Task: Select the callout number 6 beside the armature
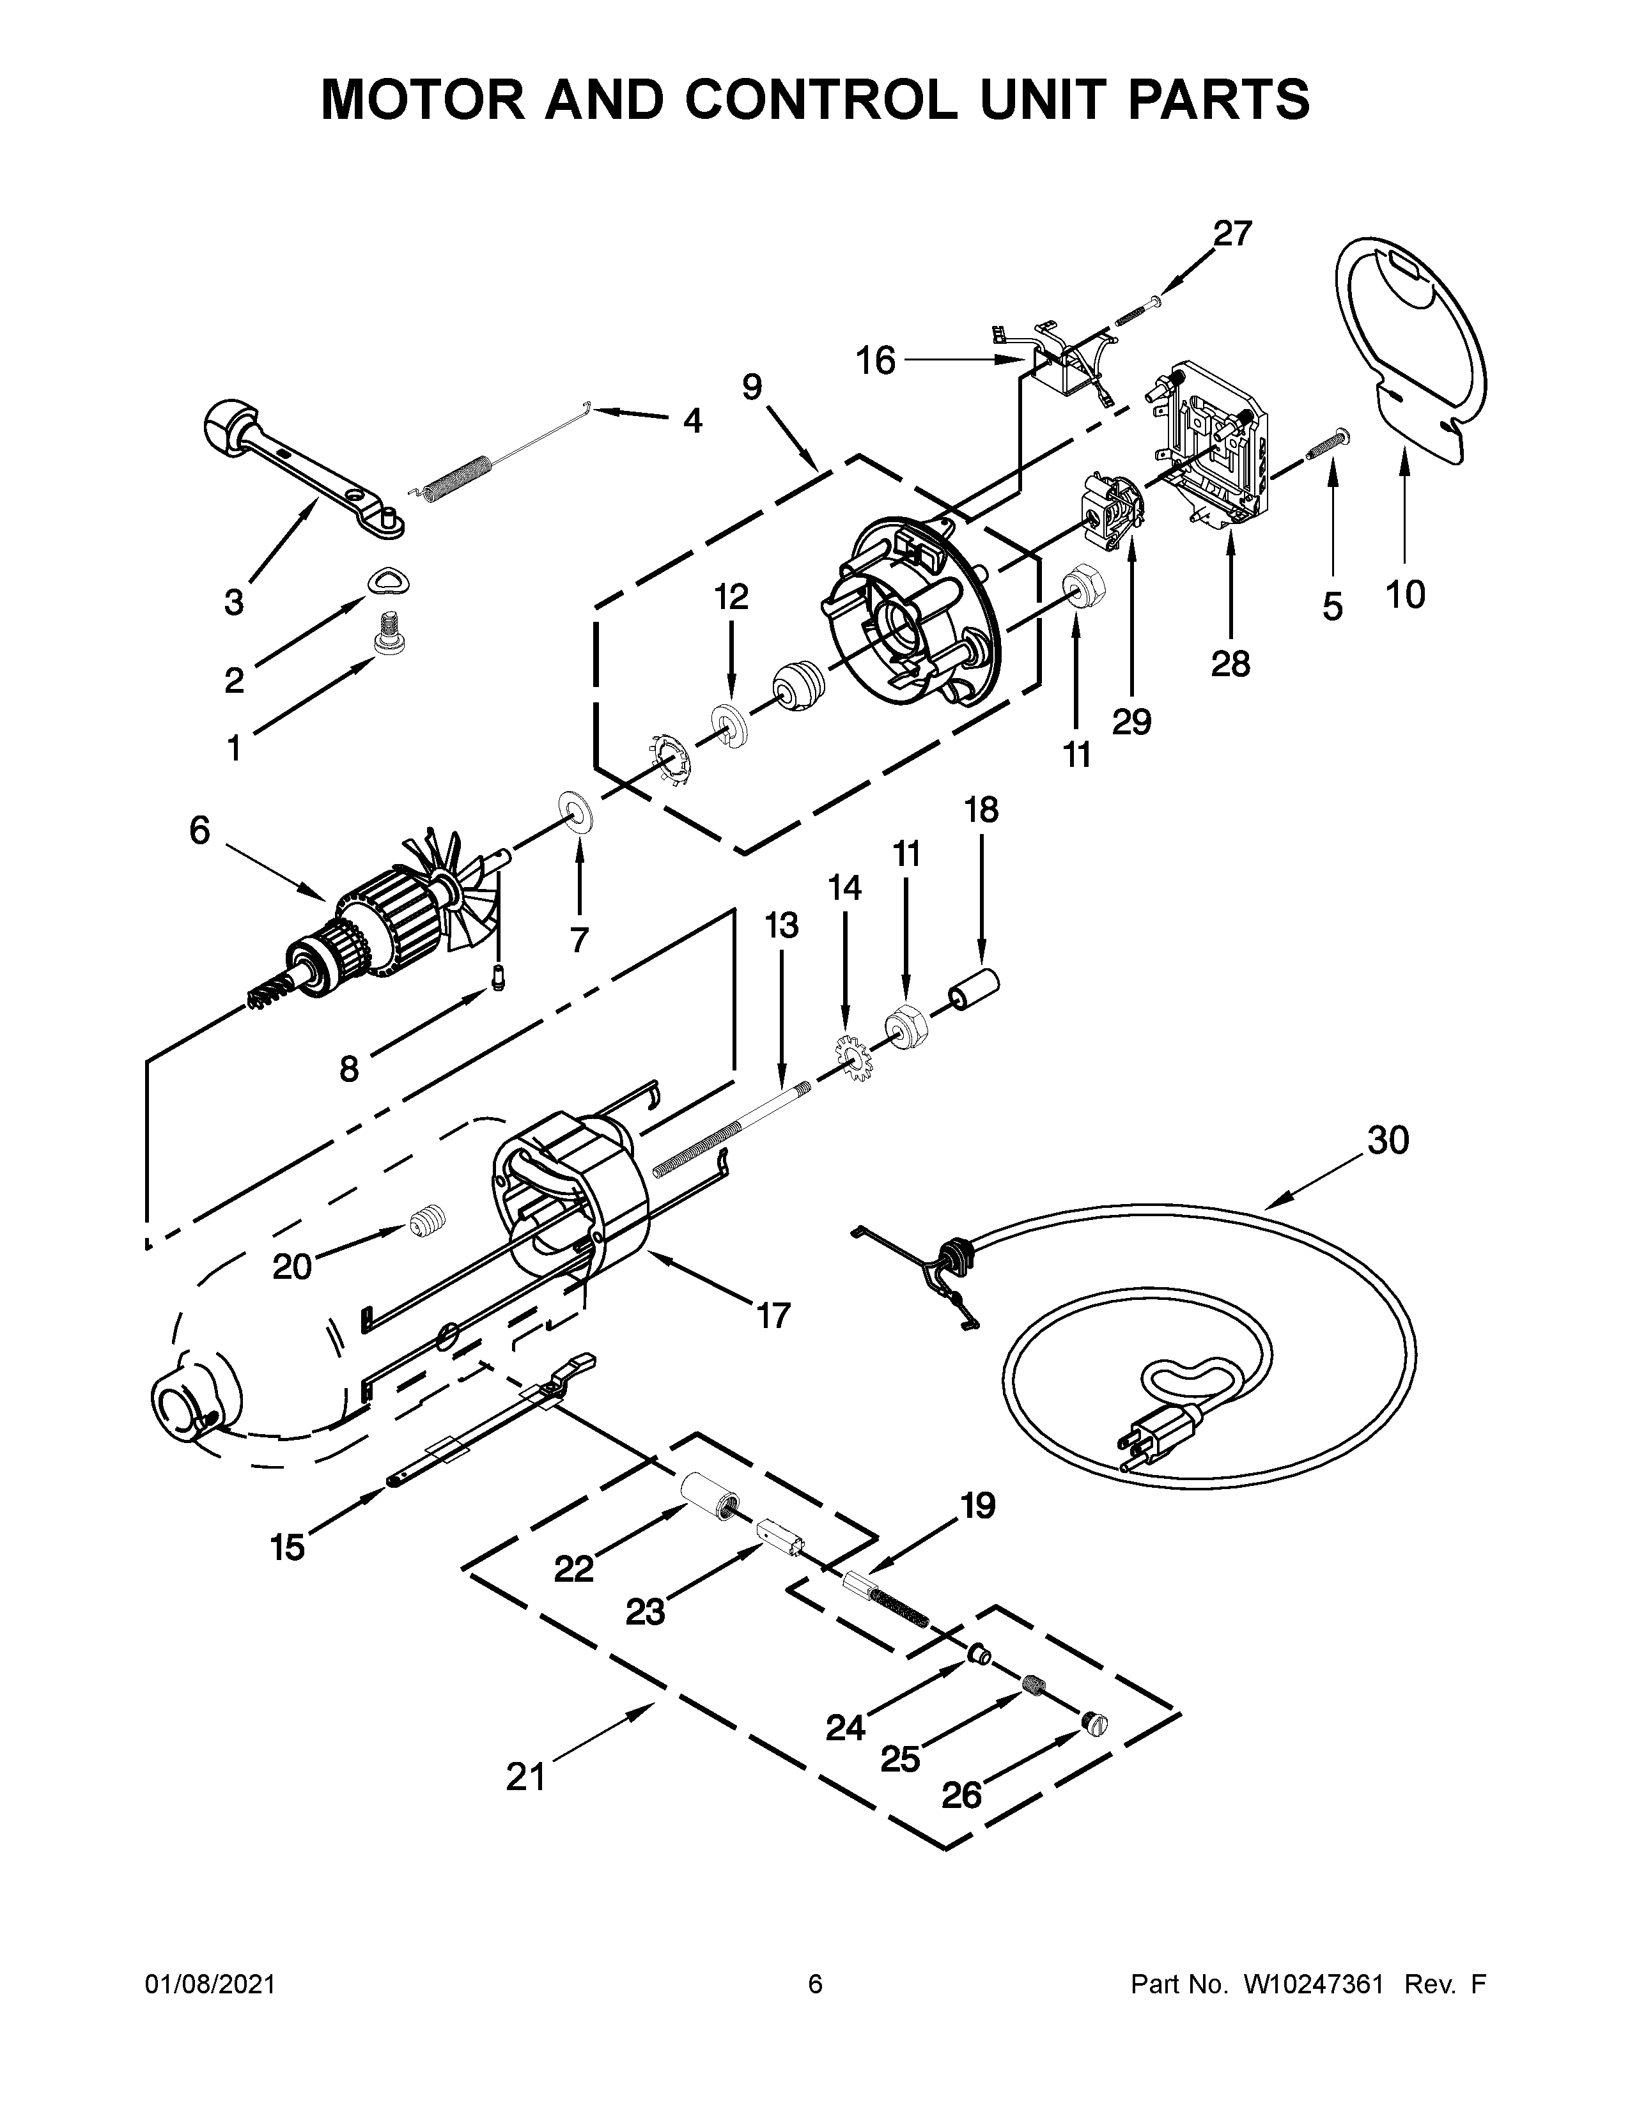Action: pyautogui.click(x=199, y=830)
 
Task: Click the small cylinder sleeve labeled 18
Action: pyautogui.click(x=972, y=993)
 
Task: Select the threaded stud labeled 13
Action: pyautogui.click(x=734, y=1130)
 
